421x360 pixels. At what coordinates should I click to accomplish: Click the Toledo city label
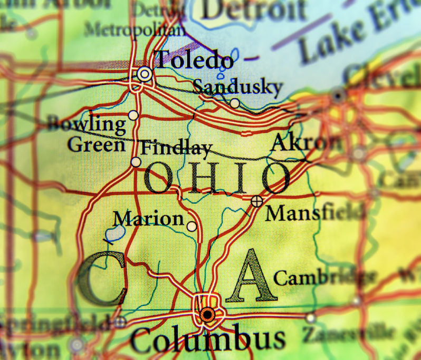click(194, 60)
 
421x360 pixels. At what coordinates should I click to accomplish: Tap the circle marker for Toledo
click(145, 74)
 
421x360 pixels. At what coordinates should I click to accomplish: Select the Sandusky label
click(237, 86)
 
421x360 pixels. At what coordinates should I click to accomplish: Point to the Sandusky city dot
click(235, 103)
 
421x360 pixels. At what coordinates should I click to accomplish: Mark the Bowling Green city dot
click(133, 115)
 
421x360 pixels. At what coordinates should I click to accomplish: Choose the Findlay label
click(176, 148)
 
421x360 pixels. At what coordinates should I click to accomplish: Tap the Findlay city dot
click(136, 162)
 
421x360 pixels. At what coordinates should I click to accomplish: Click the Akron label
click(305, 142)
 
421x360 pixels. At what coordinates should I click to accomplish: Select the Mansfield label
click(315, 213)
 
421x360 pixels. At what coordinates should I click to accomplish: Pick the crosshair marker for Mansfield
click(257, 200)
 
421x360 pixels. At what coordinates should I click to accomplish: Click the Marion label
click(148, 218)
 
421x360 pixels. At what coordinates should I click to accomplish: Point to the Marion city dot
click(192, 227)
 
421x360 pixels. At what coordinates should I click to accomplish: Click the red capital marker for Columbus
click(208, 315)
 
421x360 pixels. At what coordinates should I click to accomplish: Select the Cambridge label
click(325, 277)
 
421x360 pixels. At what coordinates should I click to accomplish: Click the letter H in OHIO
click(201, 178)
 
